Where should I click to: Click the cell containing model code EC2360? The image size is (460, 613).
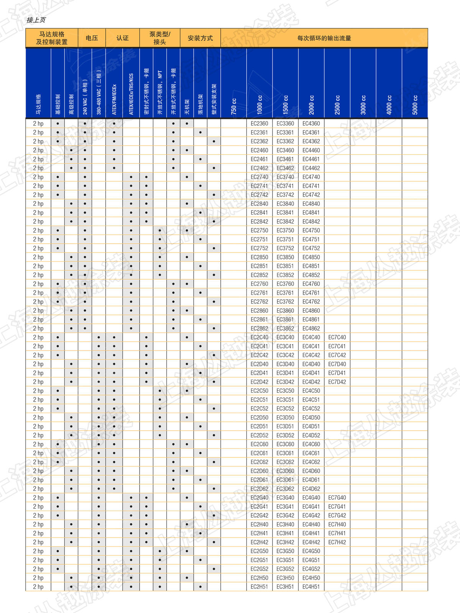tap(260, 123)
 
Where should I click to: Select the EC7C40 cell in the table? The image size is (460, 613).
tap(337, 337)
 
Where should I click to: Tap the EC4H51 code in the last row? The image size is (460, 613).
tap(311, 587)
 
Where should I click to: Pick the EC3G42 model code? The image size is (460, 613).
tap(285, 515)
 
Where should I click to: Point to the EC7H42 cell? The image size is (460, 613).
tap(337, 542)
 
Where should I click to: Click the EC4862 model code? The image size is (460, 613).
tap(311, 328)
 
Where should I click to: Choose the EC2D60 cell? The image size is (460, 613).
tap(260, 471)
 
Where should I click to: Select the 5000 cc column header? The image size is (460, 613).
tap(415, 105)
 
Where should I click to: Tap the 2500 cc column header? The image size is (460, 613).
tap(337, 105)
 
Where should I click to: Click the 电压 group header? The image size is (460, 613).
tap(92, 38)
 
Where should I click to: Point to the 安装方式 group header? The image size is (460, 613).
tap(200, 38)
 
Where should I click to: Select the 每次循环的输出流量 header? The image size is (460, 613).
tap(324, 38)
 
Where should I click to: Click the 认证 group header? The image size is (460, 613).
tap(123, 38)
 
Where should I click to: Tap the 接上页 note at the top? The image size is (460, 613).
tap(36, 20)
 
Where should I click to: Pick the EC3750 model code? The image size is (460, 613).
tap(285, 230)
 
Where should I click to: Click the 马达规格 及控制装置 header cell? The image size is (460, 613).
tap(52, 38)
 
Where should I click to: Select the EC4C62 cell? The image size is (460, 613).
tap(311, 462)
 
